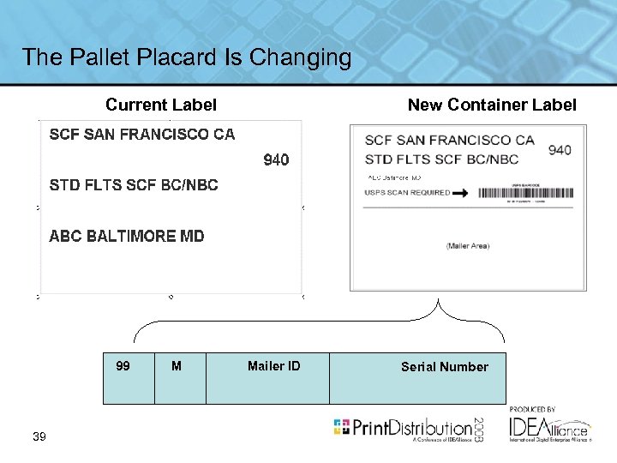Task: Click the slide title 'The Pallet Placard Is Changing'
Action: click(x=186, y=57)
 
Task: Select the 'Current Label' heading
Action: click(x=160, y=105)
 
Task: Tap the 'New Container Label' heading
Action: click(x=492, y=105)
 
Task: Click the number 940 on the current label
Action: click(x=276, y=159)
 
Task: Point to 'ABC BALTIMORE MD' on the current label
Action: click(x=127, y=236)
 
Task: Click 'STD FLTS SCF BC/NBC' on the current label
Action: click(x=134, y=184)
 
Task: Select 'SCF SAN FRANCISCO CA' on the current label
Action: click(x=141, y=135)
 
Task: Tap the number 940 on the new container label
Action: click(x=559, y=150)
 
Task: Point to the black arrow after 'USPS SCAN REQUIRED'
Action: click(x=460, y=193)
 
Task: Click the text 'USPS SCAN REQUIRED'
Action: click(x=407, y=193)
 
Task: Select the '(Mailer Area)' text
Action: click(x=467, y=246)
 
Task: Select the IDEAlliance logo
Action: click(x=549, y=426)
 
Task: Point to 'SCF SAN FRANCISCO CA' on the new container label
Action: click(x=449, y=141)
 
